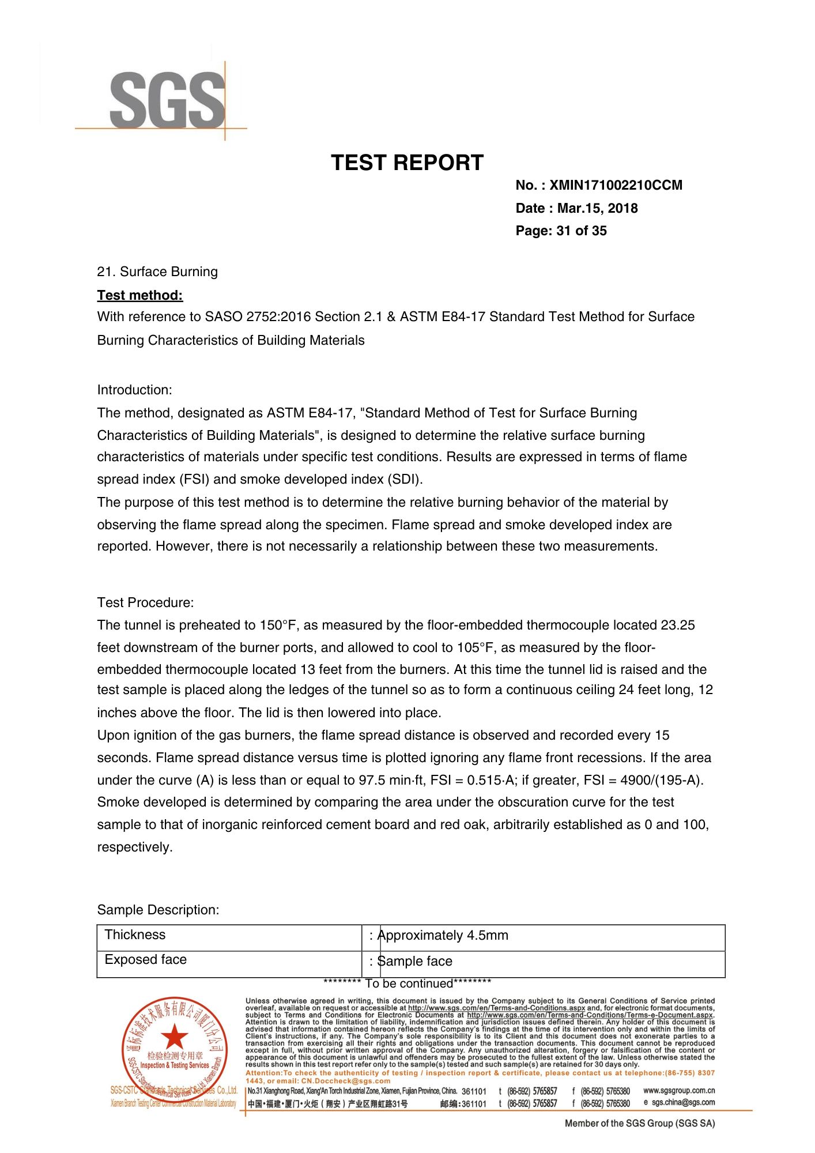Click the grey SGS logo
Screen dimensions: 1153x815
pyautogui.click(x=167, y=100)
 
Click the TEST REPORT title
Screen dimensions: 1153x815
pyautogui.click(x=407, y=163)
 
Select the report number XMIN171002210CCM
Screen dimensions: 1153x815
pyautogui.click(x=616, y=186)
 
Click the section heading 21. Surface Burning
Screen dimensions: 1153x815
pyautogui.click(x=157, y=272)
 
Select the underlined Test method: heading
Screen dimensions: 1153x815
pyautogui.click(x=140, y=296)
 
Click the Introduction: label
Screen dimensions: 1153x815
pyautogui.click(x=134, y=390)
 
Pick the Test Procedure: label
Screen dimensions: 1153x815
pyautogui.click(x=145, y=603)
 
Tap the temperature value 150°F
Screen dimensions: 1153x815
pyautogui.click(x=280, y=626)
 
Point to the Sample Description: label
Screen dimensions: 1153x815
pyautogui.click(x=158, y=910)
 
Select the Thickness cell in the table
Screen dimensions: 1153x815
pyautogui.click(x=135, y=935)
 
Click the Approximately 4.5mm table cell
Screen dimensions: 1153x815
pyautogui.click(x=443, y=936)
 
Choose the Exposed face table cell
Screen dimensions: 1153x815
pyautogui.click(x=145, y=960)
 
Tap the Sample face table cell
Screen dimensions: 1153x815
pyautogui.click(x=414, y=962)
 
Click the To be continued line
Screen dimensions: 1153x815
pyautogui.click(x=407, y=984)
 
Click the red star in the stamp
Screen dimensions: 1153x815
pyautogui.click(x=174, y=1037)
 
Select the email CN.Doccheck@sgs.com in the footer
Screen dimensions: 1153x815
pyautogui.click(x=345, y=1081)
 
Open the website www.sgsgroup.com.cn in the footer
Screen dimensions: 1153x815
pyautogui.click(x=679, y=1091)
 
